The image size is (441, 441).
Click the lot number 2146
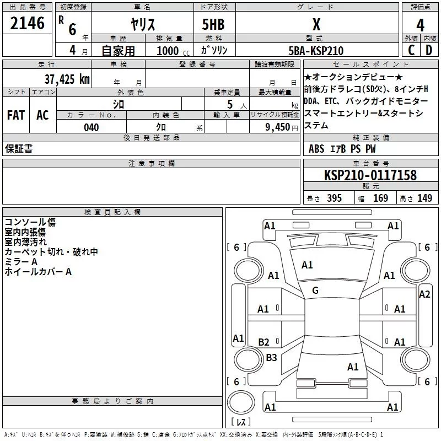pyautogui.click(x=27, y=24)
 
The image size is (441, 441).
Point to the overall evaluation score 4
pyautogui.click(x=420, y=25)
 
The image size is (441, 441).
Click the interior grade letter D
pyautogui.click(x=428, y=50)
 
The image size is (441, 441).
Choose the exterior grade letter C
pyautogui.click(x=411, y=50)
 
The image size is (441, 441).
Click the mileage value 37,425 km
pyautogui.click(x=67, y=79)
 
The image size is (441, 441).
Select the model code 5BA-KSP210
pyautogui.click(x=316, y=51)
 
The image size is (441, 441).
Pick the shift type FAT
pyautogui.click(x=15, y=115)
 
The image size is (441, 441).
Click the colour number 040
pyautogui.click(x=92, y=127)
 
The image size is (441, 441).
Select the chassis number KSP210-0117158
pyautogui.click(x=370, y=175)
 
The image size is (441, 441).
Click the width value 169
pyautogui.click(x=380, y=198)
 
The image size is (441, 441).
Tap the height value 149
pyautogui.click(x=424, y=198)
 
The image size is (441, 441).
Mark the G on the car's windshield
pyautogui.click(x=315, y=291)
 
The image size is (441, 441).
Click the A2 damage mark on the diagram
pyautogui.click(x=424, y=294)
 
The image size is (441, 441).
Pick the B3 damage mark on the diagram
pyautogui.click(x=271, y=358)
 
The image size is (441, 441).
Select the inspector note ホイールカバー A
pyautogui.click(x=38, y=272)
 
